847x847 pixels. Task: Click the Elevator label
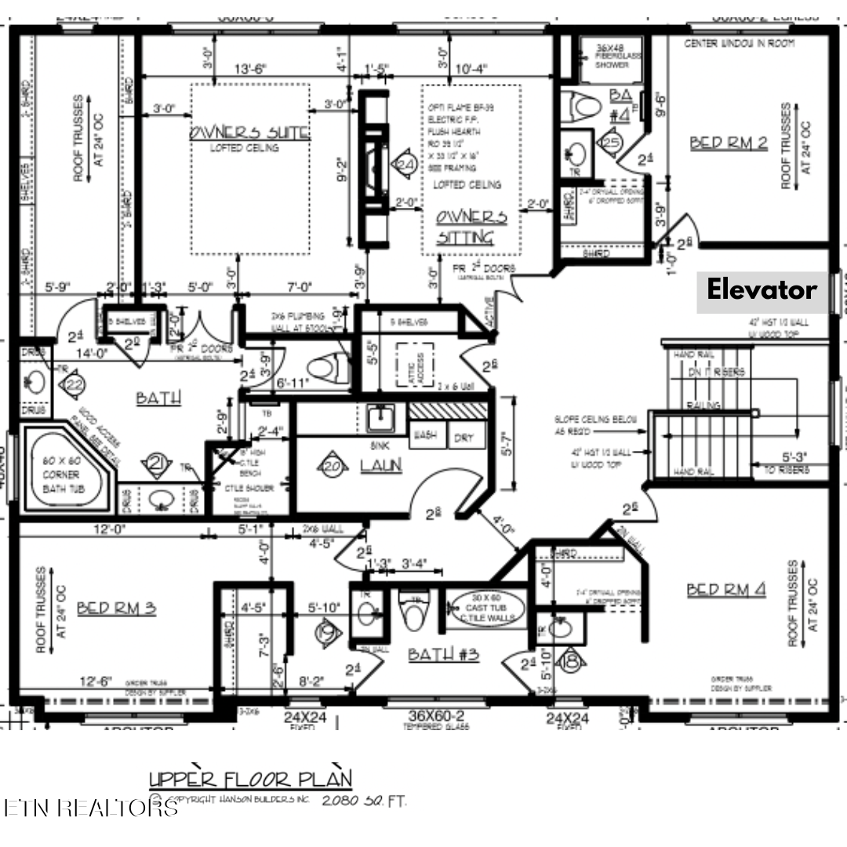coord(761,289)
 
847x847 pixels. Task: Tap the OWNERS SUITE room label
coord(249,133)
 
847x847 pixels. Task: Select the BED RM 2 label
coord(728,143)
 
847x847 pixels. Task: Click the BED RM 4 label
coord(725,590)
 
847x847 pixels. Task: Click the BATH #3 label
coord(443,653)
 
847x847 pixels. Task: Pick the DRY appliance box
coord(463,438)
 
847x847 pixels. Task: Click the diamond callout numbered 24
coord(405,165)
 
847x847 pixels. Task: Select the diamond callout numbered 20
coord(333,466)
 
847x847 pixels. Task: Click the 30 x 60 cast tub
coord(487,608)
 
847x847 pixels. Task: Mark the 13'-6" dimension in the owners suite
coord(250,68)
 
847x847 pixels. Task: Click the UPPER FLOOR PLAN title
coord(250,780)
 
